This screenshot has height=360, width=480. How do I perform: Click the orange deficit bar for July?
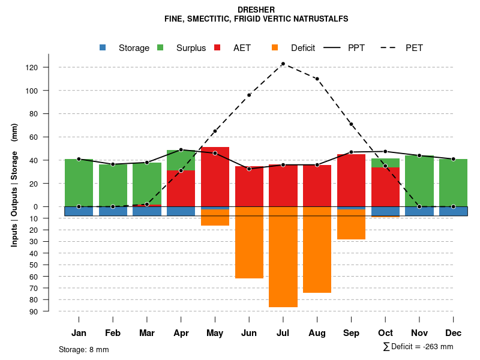[x=283, y=258]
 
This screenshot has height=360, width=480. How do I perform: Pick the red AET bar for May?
[x=215, y=177]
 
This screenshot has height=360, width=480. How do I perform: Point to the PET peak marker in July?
[x=283, y=64]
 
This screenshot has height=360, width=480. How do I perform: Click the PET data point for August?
[x=317, y=79]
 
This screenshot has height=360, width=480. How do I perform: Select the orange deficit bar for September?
[x=351, y=224]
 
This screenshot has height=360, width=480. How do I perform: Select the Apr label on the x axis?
[x=181, y=333]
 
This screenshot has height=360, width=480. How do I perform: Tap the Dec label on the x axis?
[x=454, y=333]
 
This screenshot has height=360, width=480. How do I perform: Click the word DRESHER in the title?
[x=256, y=10]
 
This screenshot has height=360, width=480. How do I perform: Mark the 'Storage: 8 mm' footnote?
[x=84, y=349]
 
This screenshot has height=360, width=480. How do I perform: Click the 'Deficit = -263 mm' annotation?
[x=418, y=347]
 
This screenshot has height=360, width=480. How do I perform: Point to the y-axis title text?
[x=14, y=189]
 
